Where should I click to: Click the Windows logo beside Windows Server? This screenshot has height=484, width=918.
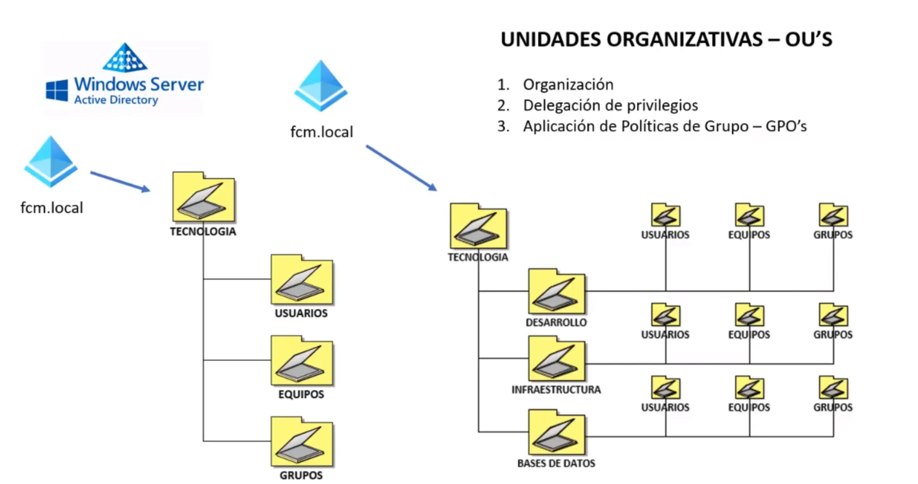(57, 90)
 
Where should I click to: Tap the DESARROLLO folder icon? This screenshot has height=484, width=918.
(556, 292)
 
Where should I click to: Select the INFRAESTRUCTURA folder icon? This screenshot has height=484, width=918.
(556, 359)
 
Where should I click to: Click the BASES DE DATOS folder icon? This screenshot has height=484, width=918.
(556, 433)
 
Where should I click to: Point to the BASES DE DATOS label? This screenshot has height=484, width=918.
(556, 463)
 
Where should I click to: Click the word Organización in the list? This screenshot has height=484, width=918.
(568, 85)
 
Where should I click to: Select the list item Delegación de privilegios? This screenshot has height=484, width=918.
(610, 106)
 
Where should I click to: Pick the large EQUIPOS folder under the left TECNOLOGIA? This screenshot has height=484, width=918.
(302, 361)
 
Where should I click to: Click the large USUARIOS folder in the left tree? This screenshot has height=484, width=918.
(302, 280)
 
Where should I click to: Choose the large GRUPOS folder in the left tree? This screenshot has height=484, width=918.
(302, 442)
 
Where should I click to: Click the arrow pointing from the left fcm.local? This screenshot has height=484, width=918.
(120, 182)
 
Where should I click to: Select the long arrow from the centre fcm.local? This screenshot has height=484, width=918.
(401, 168)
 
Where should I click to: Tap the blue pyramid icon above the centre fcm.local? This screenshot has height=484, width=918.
(321, 86)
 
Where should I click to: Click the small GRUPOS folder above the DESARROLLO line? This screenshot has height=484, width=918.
(833, 216)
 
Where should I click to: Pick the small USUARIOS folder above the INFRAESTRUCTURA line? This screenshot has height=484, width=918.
(666, 315)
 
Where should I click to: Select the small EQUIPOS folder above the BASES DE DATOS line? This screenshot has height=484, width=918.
(750, 388)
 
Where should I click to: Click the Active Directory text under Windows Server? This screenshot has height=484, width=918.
(116, 100)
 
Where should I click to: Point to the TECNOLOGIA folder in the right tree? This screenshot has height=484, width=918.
(479, 226)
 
